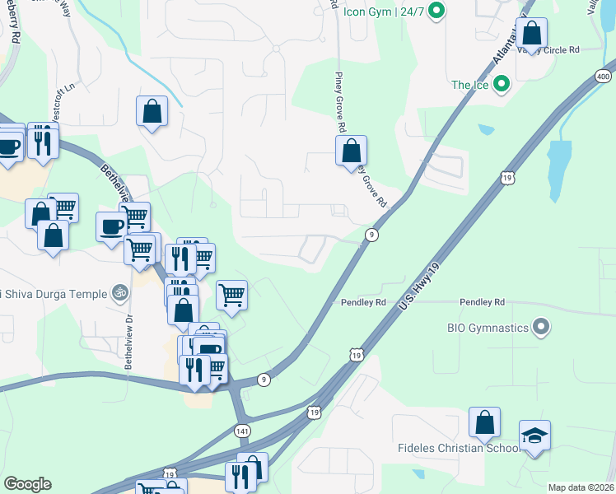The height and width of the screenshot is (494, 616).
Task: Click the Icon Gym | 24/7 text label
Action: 383,11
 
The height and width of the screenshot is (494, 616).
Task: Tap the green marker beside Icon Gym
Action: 438,11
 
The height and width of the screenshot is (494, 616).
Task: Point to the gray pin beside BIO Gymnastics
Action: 541,328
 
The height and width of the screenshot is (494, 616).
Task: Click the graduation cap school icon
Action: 535,435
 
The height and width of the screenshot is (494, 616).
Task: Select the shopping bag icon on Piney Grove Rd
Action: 351,151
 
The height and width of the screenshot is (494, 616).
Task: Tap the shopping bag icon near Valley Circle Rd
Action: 533,35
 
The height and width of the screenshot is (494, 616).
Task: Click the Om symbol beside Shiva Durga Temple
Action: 119,294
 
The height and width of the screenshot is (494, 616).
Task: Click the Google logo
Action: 27,483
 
